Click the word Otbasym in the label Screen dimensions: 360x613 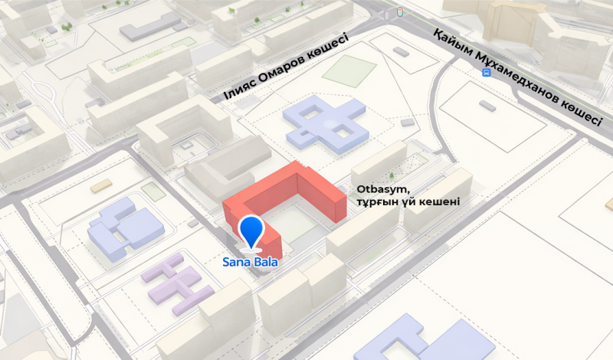coord(373,189)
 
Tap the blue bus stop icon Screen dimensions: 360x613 coord(487,72)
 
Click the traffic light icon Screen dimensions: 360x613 coord(398,11)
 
